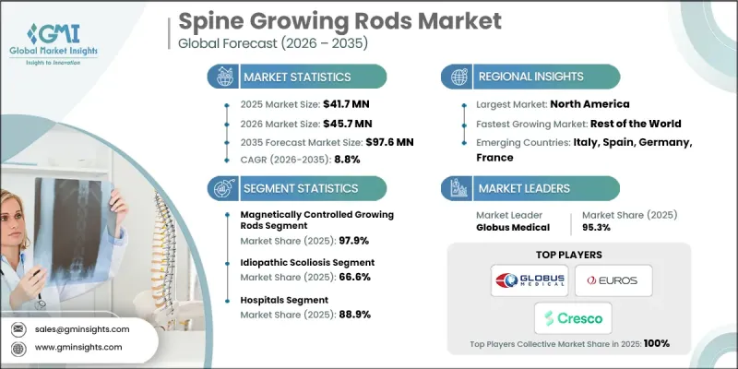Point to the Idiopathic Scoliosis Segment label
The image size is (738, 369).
point(292,263)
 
